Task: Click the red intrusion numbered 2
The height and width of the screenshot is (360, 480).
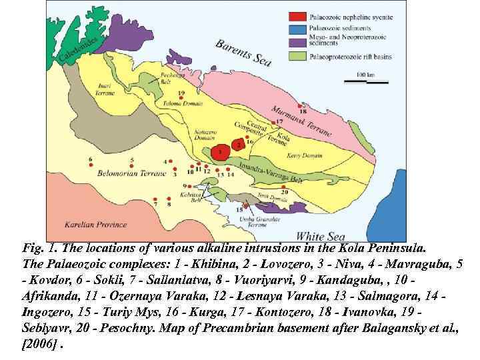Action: pos(237,143)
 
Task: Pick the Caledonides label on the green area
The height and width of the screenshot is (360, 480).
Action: pos(79,51)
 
